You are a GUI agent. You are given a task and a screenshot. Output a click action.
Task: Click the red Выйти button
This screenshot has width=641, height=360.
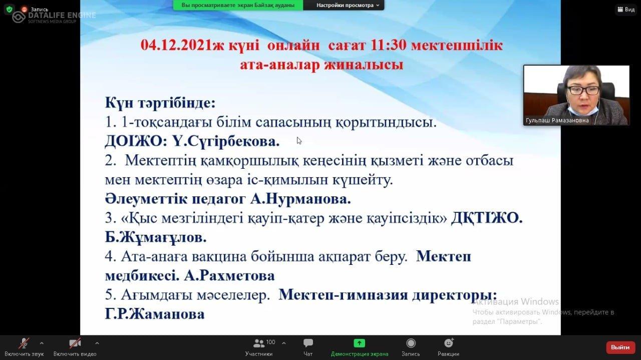coord(620,347)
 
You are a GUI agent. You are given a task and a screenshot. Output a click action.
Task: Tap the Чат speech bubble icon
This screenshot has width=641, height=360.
coord(308,342)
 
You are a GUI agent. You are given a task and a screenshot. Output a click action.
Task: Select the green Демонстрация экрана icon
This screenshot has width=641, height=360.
coord(359,343)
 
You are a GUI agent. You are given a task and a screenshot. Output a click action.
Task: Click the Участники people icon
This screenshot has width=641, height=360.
coord(259,343)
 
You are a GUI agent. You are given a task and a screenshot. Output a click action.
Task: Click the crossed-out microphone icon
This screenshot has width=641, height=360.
coord(24,343)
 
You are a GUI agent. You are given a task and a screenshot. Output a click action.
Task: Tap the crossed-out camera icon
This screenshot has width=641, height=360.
coord(75,343)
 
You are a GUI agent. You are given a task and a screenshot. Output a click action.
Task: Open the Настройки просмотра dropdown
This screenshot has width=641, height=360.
coord(348,5)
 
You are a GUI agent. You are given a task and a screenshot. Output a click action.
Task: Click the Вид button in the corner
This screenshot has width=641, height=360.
coord(626,10)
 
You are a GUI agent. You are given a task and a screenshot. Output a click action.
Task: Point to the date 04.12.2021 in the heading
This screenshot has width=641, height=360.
coord(176,45)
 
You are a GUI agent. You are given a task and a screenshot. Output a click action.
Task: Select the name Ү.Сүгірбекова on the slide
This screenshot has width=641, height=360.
coord(226,141)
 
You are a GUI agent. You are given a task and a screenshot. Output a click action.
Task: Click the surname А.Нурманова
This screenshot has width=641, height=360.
coord(300,199)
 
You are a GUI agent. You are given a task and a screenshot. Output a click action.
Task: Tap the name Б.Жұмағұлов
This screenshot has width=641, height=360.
coord(156,237)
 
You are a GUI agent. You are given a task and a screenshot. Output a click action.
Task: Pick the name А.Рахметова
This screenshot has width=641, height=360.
coord(229,276)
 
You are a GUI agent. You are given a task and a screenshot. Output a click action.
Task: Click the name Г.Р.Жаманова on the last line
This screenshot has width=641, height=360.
coord(155,314)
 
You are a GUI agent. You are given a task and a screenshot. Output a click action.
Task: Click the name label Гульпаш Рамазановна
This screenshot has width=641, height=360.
coord(557,121)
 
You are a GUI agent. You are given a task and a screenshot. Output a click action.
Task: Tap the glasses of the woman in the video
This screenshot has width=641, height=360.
coord(583,90)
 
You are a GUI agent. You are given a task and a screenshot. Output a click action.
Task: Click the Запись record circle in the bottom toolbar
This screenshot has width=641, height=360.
coord(411,343)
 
